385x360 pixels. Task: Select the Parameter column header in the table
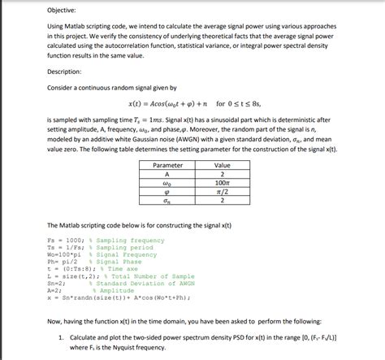167,165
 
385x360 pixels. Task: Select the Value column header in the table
222,165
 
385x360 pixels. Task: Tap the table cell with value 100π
222,183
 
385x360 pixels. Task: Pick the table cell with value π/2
222,192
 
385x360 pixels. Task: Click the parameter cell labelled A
167,174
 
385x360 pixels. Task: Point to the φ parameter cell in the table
167,192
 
